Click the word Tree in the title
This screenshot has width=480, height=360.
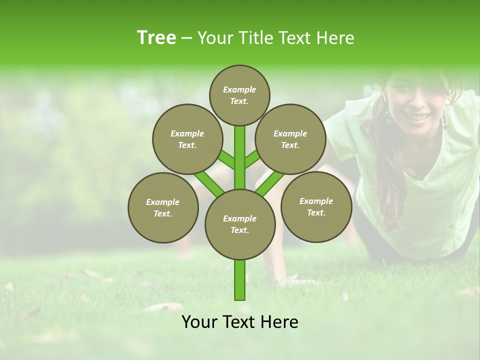156,37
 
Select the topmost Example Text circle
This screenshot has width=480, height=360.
239,95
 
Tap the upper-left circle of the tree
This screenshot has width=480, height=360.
187,139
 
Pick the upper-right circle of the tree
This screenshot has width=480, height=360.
290,139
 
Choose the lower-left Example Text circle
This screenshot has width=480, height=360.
163,207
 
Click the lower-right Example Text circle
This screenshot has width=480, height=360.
316,206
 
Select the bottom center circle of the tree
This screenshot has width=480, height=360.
240,224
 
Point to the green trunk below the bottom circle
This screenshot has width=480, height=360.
240,280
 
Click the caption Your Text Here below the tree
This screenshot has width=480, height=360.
240,322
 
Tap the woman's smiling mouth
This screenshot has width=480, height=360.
416,116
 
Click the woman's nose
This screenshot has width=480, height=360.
416,102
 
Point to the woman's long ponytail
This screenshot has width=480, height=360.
387,165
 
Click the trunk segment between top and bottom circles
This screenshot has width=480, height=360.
240,157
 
